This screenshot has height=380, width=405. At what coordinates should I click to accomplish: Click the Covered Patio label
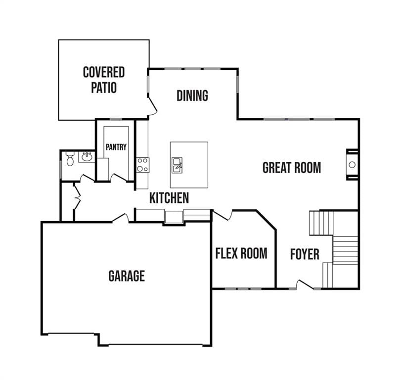(104, 80)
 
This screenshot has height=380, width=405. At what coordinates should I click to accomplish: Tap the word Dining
(192, 95)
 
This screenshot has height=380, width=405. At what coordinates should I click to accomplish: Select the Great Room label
(292, 168)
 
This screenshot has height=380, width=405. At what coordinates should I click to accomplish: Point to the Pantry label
(116, 147)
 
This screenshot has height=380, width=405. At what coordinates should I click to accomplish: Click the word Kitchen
(169, 198)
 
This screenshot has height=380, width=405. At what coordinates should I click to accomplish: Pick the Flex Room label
(241, 253)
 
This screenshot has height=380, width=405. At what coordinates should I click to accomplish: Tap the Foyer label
(305, 254)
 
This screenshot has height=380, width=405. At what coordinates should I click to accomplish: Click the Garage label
(127, 276)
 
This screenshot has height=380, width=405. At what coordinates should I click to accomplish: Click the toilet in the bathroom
(70, 159)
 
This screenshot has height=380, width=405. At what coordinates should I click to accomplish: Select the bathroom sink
(87, 157)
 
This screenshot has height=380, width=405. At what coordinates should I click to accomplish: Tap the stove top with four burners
(143, 165)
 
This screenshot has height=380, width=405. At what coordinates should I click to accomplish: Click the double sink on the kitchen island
(177, 165)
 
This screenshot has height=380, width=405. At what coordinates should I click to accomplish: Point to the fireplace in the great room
(352, 164)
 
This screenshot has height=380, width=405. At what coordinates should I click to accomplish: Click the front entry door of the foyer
(305, 285)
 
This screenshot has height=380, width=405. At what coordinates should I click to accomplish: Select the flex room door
(222, 215)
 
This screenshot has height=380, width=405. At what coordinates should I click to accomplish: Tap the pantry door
(118, 178)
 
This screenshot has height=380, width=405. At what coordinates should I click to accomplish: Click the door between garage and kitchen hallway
(120, 218)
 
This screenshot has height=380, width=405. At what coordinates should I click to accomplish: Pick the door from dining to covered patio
(153, 106)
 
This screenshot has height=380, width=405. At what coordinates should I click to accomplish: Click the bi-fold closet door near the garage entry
(77, 197)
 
